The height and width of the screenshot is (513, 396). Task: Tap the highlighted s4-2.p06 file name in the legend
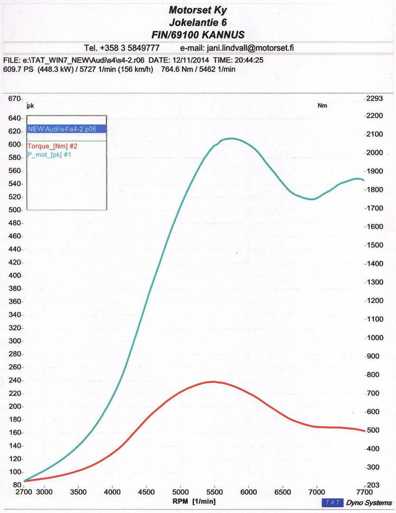click(66, 129)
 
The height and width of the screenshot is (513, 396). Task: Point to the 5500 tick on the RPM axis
click(215, 492)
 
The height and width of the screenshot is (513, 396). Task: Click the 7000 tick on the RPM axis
click(317, 492)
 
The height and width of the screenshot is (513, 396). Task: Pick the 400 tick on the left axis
click(16, 275)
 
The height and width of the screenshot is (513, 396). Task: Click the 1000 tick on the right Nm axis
click(375, 338)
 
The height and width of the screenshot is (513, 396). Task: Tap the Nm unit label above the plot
click(322, 106)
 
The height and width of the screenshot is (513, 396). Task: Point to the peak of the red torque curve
click(213, 381)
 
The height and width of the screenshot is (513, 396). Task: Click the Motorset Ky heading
click(198, 9)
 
